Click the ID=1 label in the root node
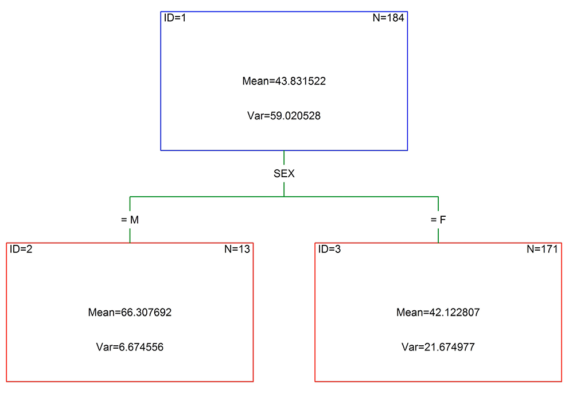(175, 18)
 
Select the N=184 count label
(388, 18)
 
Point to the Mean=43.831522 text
(284, 81)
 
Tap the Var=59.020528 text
(284, 116)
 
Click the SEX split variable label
(284, 174)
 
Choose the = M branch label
(130, 220)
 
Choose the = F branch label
(438, 220)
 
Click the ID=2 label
(21, 249)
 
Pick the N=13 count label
(237, 249)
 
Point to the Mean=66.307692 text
(130, 313)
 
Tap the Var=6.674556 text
(130, 347)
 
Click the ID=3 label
(329, 249)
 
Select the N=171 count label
(542, 249)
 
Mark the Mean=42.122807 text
(438, 313)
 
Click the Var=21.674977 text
(438, 347)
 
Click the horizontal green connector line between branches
(284, 197)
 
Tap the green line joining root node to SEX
(284, 158)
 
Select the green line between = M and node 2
(130, 236)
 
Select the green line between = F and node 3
(438, 236)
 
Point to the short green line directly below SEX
(284, 189)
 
